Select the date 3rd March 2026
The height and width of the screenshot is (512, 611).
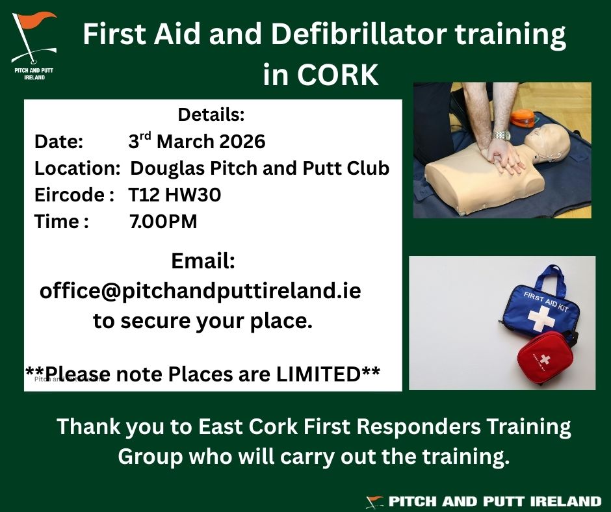tap(196, 142)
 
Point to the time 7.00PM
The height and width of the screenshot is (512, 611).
tap(163, 222)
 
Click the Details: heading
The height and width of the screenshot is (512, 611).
tap(211, 115)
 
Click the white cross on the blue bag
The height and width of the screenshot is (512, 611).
tap(538, 318)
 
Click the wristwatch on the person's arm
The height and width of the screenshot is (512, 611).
tap(500, 135)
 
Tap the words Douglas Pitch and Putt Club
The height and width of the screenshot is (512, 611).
tap(260, 168)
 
